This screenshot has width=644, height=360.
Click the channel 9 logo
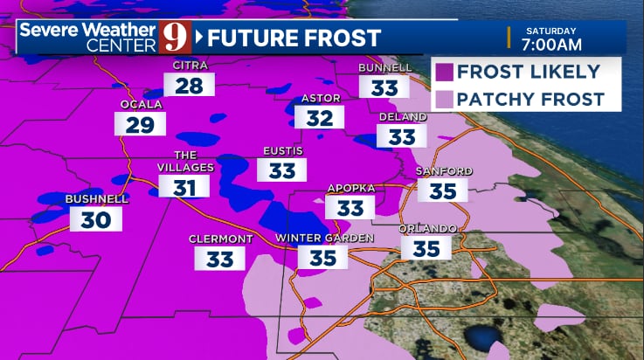click(x=175, y=38)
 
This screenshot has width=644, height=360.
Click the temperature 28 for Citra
click(x=189, y=86)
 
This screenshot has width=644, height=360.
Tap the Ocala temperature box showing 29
click(x=140, y=124)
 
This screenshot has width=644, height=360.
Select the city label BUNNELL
click(x=385, y=68)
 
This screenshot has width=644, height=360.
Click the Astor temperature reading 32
click(x=319, y=118)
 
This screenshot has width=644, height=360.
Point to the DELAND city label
click(x=403, y=117)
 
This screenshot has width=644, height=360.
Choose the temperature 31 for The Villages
click(x=184, y=186)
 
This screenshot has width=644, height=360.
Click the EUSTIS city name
click(x=282, y=151)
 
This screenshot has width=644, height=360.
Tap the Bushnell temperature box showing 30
click(x=95, y=219)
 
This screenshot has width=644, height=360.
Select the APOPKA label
click(x=350, y=188)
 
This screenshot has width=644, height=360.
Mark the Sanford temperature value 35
click(x=443, y=190)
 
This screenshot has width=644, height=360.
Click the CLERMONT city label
click(x=221, y=239)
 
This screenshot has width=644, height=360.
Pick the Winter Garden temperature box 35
click(x=322, y=257)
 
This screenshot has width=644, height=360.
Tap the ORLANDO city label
click(x=427, y=229)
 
